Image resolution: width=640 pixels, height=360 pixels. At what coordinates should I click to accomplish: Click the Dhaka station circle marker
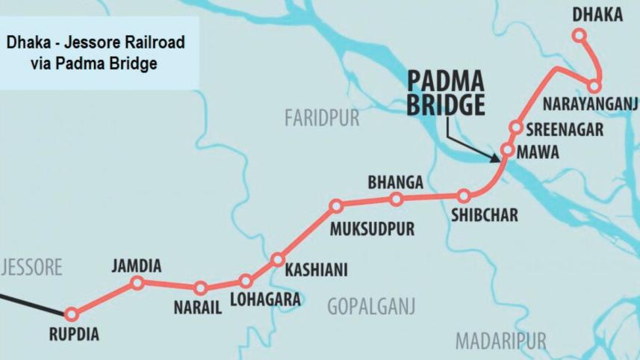(579, 34)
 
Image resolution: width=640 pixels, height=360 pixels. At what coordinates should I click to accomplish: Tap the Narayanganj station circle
(594, 87)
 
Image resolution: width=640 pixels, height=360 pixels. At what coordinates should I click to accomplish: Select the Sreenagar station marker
(515, 127)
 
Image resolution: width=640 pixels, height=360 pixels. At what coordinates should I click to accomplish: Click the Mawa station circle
(507, 150)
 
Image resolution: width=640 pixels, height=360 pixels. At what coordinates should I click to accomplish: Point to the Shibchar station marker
(464, 196)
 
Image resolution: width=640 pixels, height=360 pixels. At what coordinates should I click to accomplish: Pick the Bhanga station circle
(397, 199)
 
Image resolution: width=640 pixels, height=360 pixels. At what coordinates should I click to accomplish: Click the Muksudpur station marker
(336, 205)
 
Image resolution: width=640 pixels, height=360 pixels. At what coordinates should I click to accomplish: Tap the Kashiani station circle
(278, 260)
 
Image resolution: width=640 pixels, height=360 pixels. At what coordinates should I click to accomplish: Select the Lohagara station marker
(246, 281)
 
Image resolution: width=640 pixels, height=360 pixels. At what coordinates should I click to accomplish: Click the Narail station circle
(200, 288)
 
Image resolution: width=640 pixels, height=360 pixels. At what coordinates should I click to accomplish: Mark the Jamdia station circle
(137, 282)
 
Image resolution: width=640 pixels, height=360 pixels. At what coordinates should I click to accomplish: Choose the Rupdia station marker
(72, 314)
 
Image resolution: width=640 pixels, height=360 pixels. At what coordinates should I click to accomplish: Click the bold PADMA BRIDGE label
(445, 93)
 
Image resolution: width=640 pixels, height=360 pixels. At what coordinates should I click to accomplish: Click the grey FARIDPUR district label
(321, 118)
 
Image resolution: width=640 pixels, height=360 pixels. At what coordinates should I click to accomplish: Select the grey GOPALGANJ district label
(370, 306)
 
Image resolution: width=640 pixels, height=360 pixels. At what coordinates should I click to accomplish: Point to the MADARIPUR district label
(500, 341)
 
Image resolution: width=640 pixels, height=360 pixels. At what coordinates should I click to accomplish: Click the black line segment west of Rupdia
(30, 302)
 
